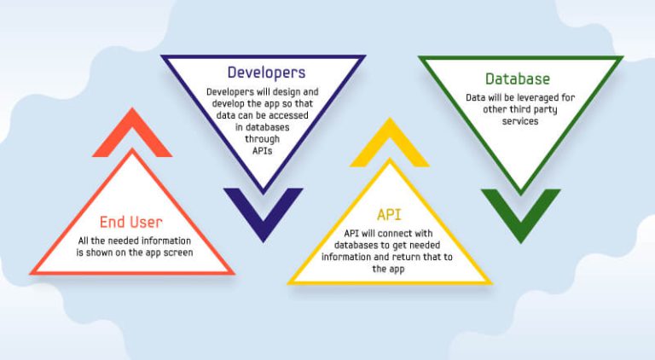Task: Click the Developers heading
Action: pyautogui.click(x=266, y=73)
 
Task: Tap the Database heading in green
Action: pyautogui.click(x=518, y=79)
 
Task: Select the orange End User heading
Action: pyautogui.click(x=131, y=222)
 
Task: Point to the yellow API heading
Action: pyautogui.click(x=389, y=215)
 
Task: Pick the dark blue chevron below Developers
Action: pyautogui.click(x=264, y=225)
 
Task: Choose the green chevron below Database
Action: pyautogui.click(x=520, y=226)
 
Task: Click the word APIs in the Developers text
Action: pyautogui.click(x=263, y=151)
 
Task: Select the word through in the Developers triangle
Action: pyautogui.click(x=263, y=139)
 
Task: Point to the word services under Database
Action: pyautogui.click(x=520, y=121)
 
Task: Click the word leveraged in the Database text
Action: pyautogui.click(x=537, y=98)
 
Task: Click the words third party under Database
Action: pyautogui.click(x=535, y=110)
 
